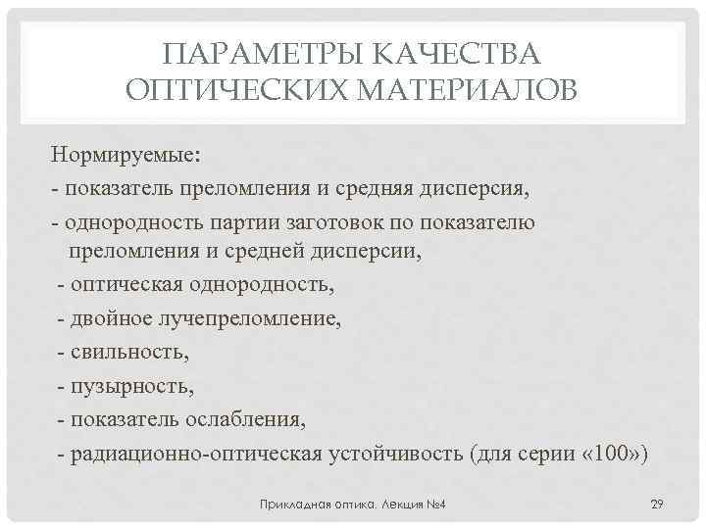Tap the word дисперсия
(477, 188)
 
